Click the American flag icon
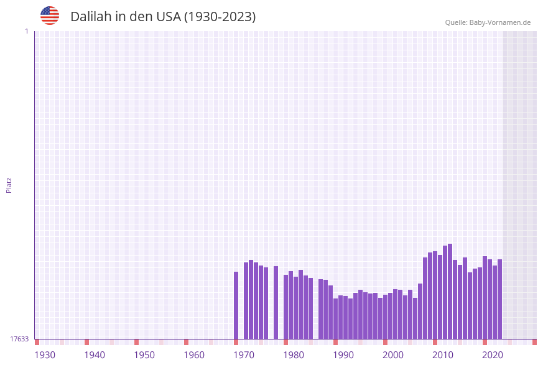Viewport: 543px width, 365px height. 50,16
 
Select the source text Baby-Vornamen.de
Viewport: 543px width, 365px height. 499,22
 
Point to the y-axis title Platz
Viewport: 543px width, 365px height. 9,185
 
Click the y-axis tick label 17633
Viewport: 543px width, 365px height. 19,339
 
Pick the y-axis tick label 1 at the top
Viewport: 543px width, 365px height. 26,31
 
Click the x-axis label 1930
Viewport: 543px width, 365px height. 45,355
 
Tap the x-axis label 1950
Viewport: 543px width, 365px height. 144,355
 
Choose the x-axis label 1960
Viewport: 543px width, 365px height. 194,355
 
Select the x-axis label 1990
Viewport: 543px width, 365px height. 343,355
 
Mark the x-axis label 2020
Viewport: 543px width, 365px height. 493,355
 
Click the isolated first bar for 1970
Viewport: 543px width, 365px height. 236,305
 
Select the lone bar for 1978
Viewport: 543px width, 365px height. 276,302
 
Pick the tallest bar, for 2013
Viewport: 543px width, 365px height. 450,291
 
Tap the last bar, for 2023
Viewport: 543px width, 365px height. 500,299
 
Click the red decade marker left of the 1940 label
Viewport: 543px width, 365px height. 87,342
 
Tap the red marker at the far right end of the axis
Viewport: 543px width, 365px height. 534,342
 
